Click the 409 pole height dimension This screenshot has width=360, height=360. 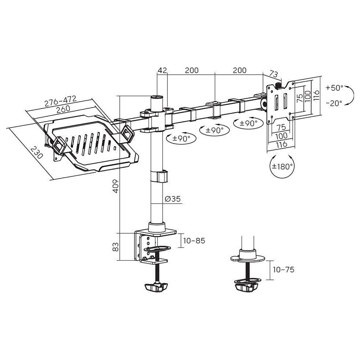tap(116, 186)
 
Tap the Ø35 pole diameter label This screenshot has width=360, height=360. tap(173, 199)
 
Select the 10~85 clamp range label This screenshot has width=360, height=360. tap(194, 241)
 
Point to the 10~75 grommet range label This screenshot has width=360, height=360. tap(283, 269)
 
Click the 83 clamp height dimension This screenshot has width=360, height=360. tap(116, 247)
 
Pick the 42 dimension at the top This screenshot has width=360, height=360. tap(162, 70)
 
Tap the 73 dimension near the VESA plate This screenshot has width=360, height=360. tap(273, 74)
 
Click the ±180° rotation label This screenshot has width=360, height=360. tap(282, 166)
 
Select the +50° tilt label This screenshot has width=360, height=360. tap(334, 87)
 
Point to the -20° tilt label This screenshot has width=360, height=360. tap(334, 103)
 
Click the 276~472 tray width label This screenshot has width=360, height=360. tap(61, 101)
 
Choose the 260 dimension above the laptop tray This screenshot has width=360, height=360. tap(63, 109)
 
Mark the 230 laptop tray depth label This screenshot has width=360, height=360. tap(37, 153)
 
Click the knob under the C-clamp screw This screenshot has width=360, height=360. tap(156, 287)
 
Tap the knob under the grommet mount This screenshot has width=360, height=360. tap(247, 288)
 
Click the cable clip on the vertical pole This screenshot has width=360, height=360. tap(159, 176)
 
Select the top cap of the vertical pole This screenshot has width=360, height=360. tap(157, 97)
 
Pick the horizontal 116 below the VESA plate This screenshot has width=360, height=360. tap(282, 144)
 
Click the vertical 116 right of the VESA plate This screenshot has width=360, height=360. tap(316, 96)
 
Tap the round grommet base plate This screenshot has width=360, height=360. tap(248, 259)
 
